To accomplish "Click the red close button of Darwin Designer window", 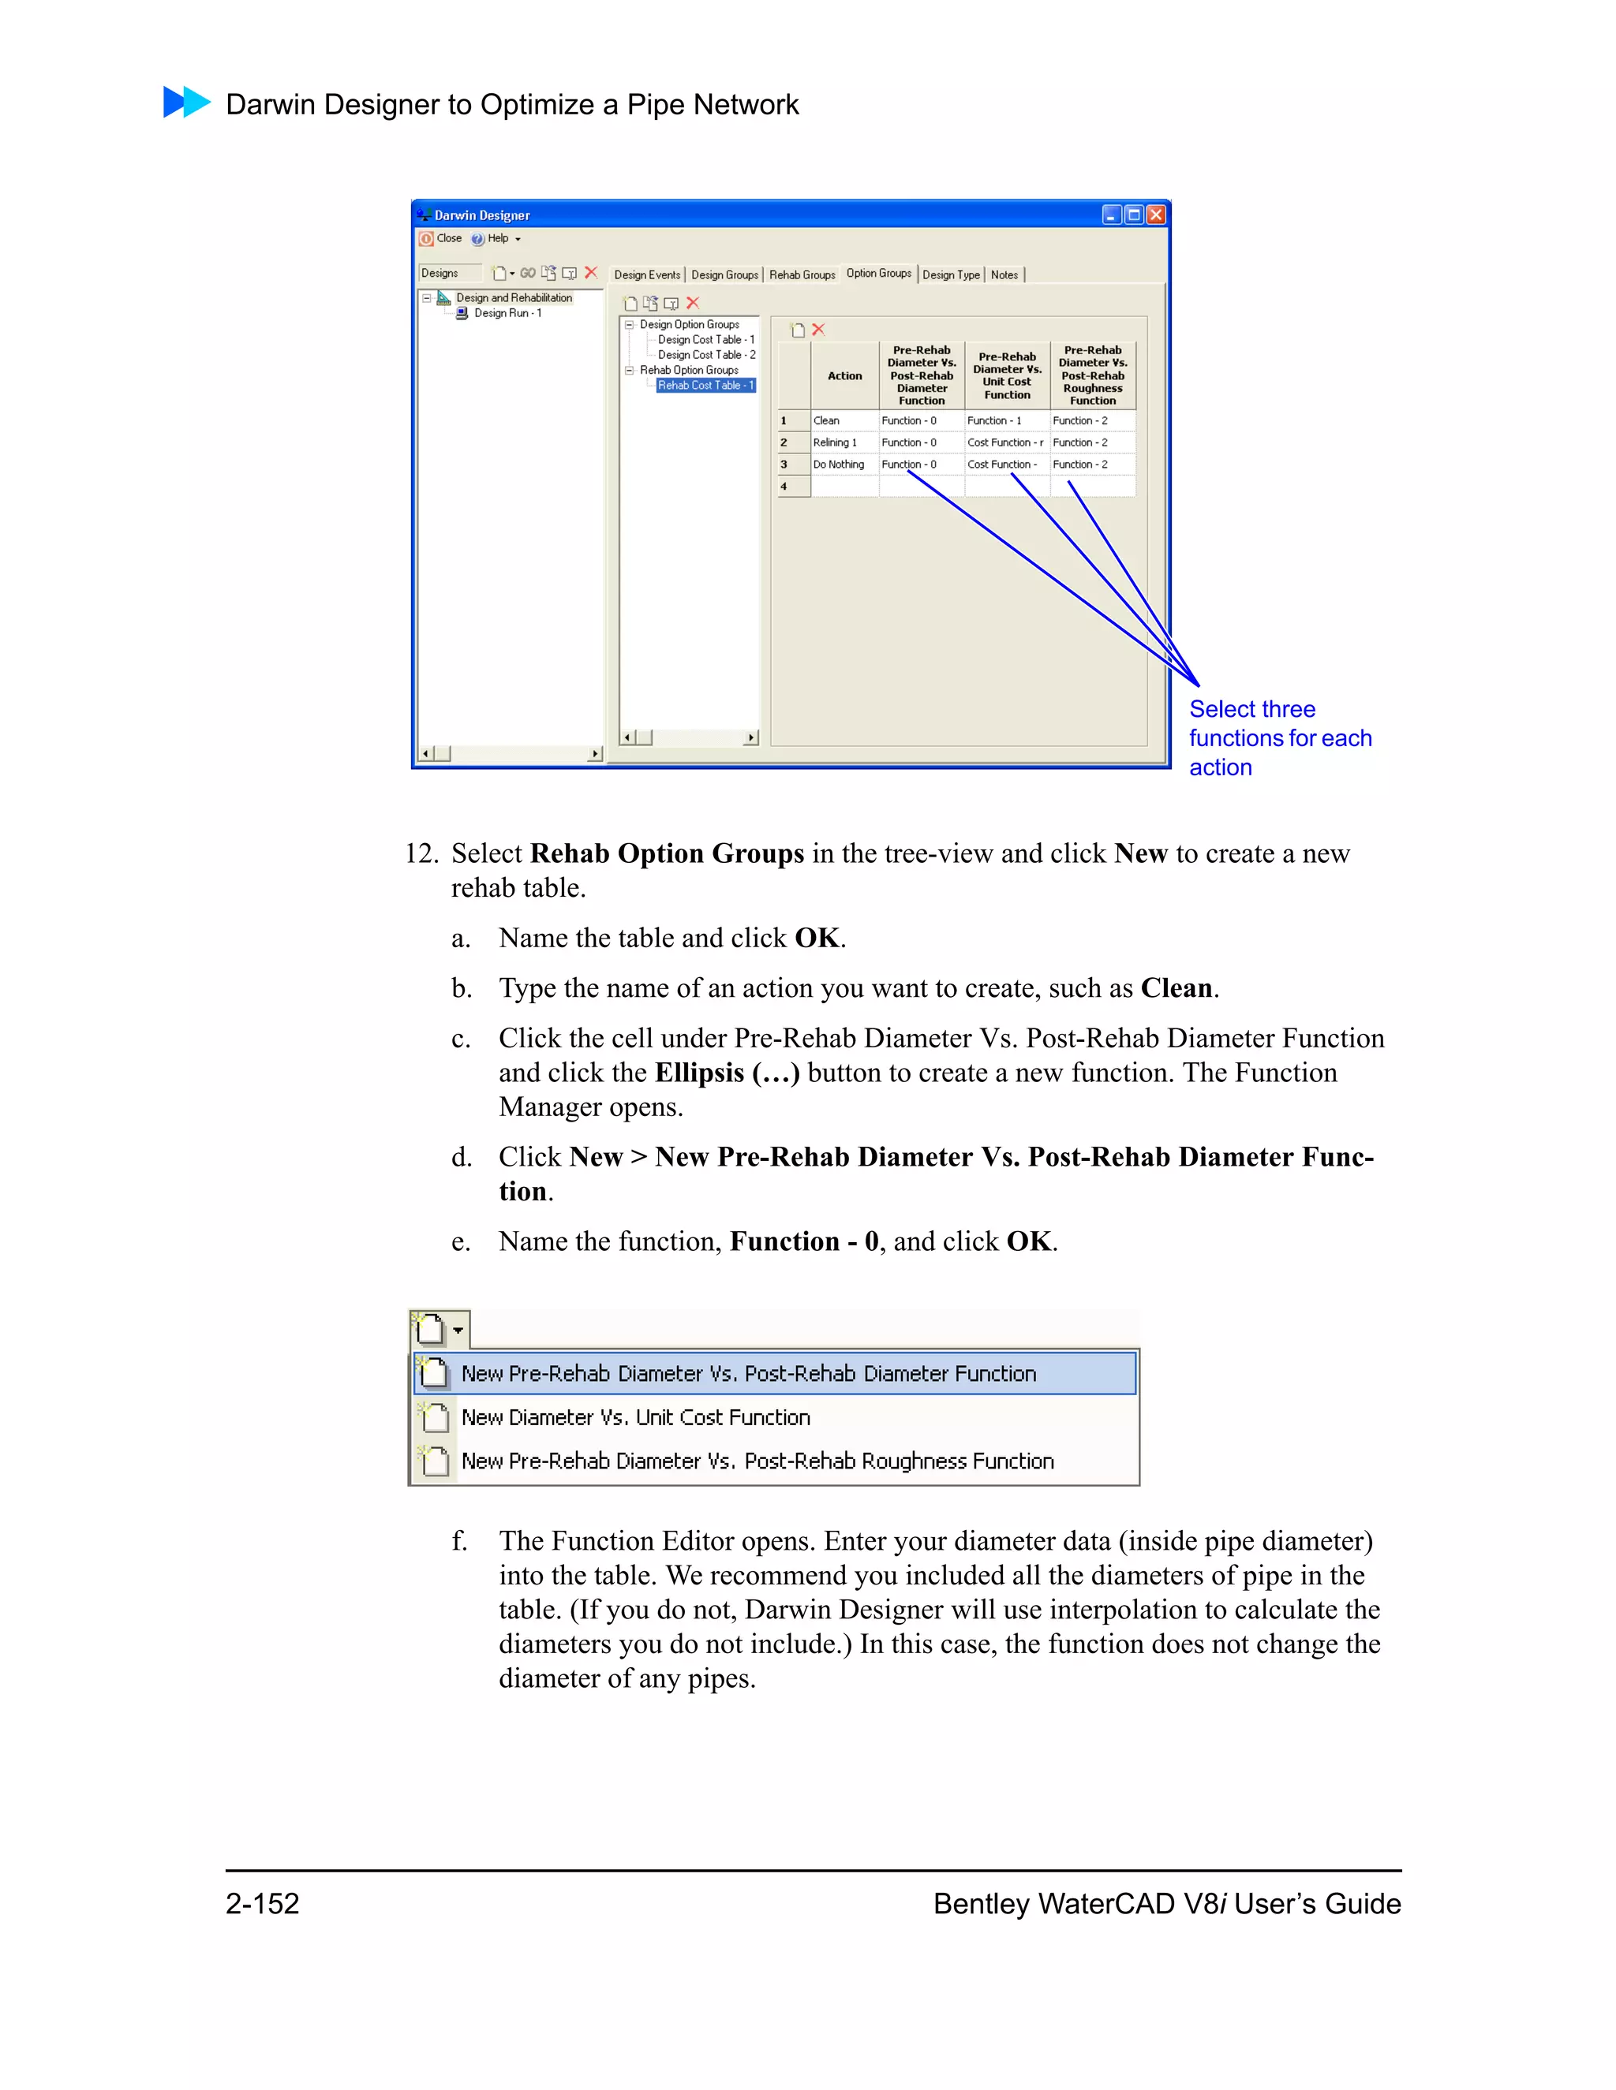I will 1155,215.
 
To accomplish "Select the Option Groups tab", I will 878,274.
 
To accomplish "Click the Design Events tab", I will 647,274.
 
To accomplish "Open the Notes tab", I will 1004,274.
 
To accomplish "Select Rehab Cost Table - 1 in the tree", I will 705,386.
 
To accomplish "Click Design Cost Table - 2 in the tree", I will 705,355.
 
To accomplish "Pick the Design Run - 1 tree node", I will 507,313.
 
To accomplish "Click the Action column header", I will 844,376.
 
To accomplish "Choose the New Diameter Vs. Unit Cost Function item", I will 636,1417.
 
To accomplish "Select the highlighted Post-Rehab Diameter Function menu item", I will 748,1374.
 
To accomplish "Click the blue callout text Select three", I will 1251,709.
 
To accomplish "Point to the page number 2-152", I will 262,1903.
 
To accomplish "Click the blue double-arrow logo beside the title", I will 187,103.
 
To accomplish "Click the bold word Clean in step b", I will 1176,988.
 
